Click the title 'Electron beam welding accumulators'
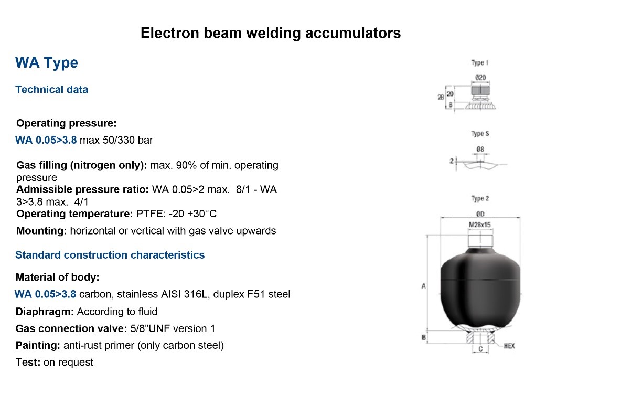point(271,33)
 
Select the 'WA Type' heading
point(47,63)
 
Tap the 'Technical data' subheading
point(52,90)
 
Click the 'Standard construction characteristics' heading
point(110,255)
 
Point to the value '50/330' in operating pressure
point(119,140)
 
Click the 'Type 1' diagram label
point(480,63)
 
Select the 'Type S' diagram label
point(480,134)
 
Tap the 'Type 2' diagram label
point(480,198)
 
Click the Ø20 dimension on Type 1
point(480,78)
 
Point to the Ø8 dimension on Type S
point(480,150)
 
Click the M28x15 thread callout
point(480,225)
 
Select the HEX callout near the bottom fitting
point(509,346)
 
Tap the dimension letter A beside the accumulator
point(423,286)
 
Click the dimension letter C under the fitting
point(480,349)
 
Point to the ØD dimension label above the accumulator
point(480,214)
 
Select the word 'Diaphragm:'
point(45,312)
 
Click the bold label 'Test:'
point(28,362)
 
